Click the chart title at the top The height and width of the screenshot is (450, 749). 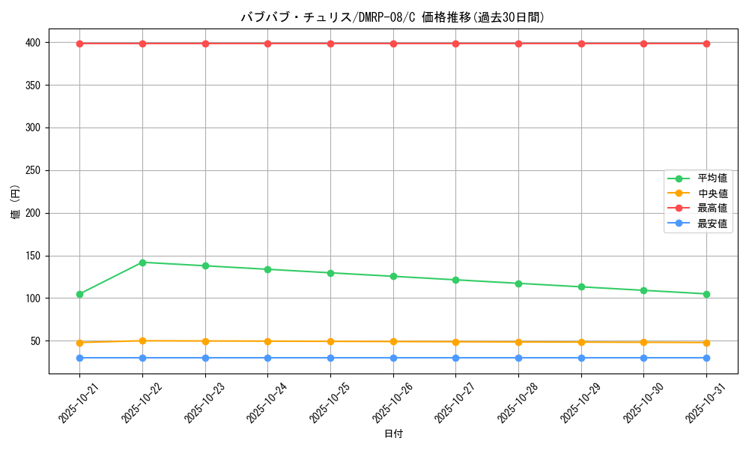(x=392, y=17)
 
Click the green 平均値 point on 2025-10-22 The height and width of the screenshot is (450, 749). (x=142, y=262)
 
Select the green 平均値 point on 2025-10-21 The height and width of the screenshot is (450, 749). (x=79, y=294)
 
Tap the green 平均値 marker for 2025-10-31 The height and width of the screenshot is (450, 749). (x=706, y=294)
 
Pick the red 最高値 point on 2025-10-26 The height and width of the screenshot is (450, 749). (x=393, y=43)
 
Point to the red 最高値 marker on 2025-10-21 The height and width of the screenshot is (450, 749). (x=79, y=43)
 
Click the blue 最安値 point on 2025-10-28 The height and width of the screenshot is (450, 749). (x=518, y=358)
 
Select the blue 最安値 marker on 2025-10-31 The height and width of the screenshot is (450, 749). (x=706, y=358)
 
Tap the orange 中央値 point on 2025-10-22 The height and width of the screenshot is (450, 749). (x=142, y=340)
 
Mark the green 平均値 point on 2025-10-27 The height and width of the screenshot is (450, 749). (x=455, y=280)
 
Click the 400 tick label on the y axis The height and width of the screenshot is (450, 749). (x=33, y=43)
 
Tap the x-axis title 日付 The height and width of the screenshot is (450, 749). (x=393, y=434)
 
